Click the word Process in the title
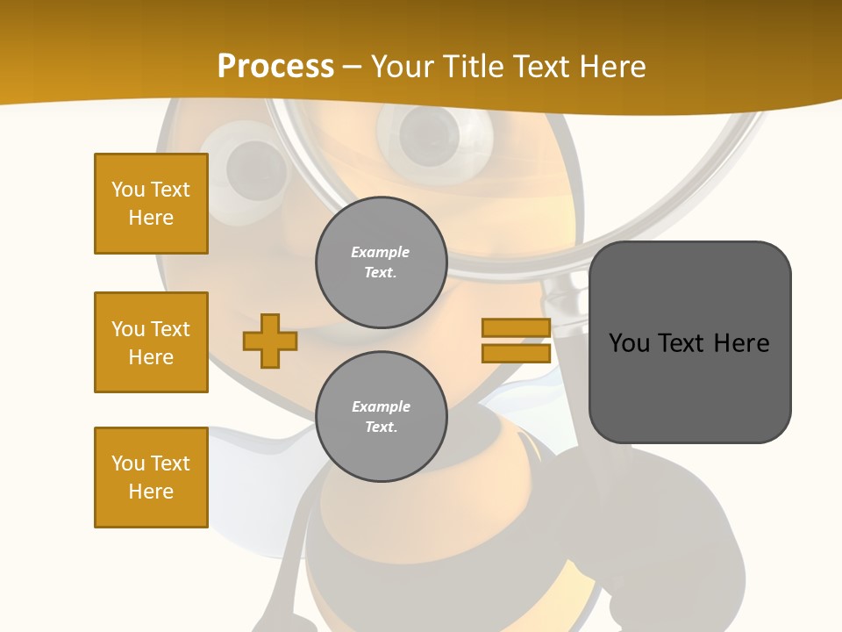point(275,67)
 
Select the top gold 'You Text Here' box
point(151,204)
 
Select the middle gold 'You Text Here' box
point(151,342)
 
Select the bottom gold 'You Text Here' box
point(151,478)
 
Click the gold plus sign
point(270,341)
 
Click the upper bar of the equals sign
point(516,327)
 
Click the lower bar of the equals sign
point(516,353)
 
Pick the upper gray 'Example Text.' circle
point(381,262)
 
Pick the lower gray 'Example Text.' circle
point(381,416)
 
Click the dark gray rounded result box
point(689,386)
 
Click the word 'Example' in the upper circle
point(381,252)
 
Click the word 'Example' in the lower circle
point(381,406)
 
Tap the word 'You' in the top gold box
point(128,190)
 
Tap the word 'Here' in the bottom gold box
point(151,492)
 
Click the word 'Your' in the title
point(404,67)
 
